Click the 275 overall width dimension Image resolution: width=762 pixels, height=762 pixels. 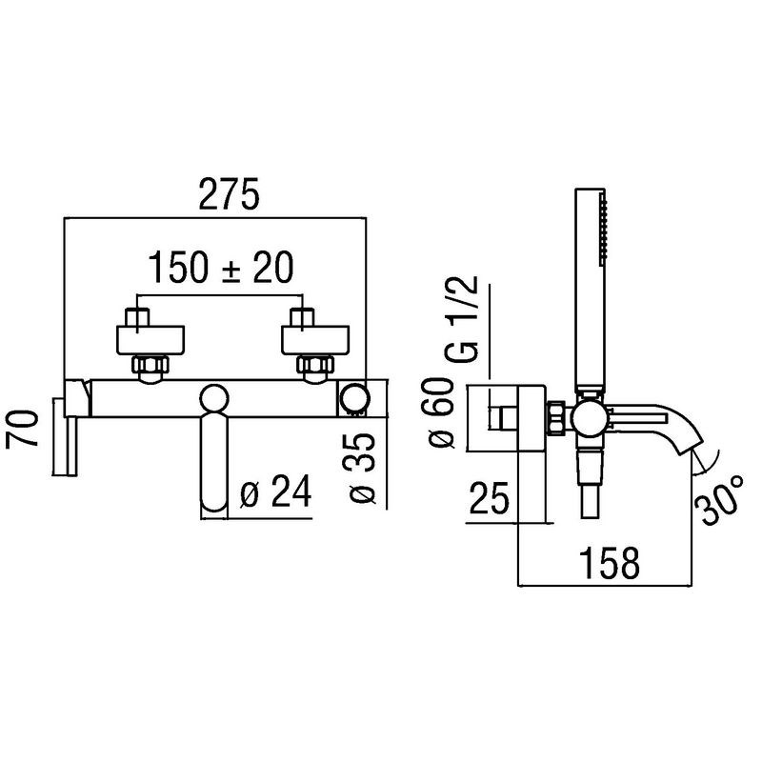(x=230, y=194)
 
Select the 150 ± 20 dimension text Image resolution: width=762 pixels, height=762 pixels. (x=221, y=268)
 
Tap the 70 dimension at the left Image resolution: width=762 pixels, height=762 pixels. (x=22, y=428)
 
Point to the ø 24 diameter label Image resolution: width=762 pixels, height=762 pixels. (x=275, y=491)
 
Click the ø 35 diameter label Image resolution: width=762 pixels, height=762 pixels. (x=361, y=468)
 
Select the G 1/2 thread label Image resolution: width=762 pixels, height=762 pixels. (x=462, y=319)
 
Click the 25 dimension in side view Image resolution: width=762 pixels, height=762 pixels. (x=489, y=498)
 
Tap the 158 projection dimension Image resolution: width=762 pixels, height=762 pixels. (x=610, y=563)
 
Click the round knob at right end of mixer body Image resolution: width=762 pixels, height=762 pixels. (x=354, y=399)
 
